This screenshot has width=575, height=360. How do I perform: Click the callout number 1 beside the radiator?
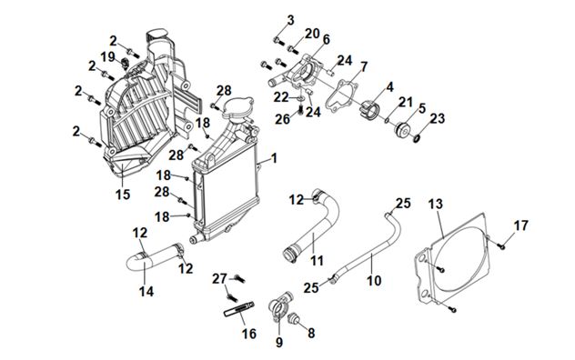click(274, 158)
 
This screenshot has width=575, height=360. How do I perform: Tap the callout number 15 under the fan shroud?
click(123, 194)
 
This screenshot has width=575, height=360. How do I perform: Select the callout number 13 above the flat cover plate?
click(436, 204)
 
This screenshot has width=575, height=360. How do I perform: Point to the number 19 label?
click(107, 57)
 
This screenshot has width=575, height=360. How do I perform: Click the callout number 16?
click(248, 334)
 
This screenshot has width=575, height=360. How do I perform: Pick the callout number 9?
click(279, 342)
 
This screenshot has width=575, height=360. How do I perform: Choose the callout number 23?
click(437, 118)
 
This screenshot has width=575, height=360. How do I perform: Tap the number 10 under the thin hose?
click(374, 281)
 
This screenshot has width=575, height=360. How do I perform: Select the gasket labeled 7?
click(341, 96)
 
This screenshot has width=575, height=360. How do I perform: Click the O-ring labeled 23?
click(416, 138)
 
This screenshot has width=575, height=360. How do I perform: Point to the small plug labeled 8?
click(293, 318)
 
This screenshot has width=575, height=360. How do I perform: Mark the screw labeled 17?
click(501, 246)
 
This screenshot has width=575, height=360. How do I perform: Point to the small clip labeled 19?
click(125, 63)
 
